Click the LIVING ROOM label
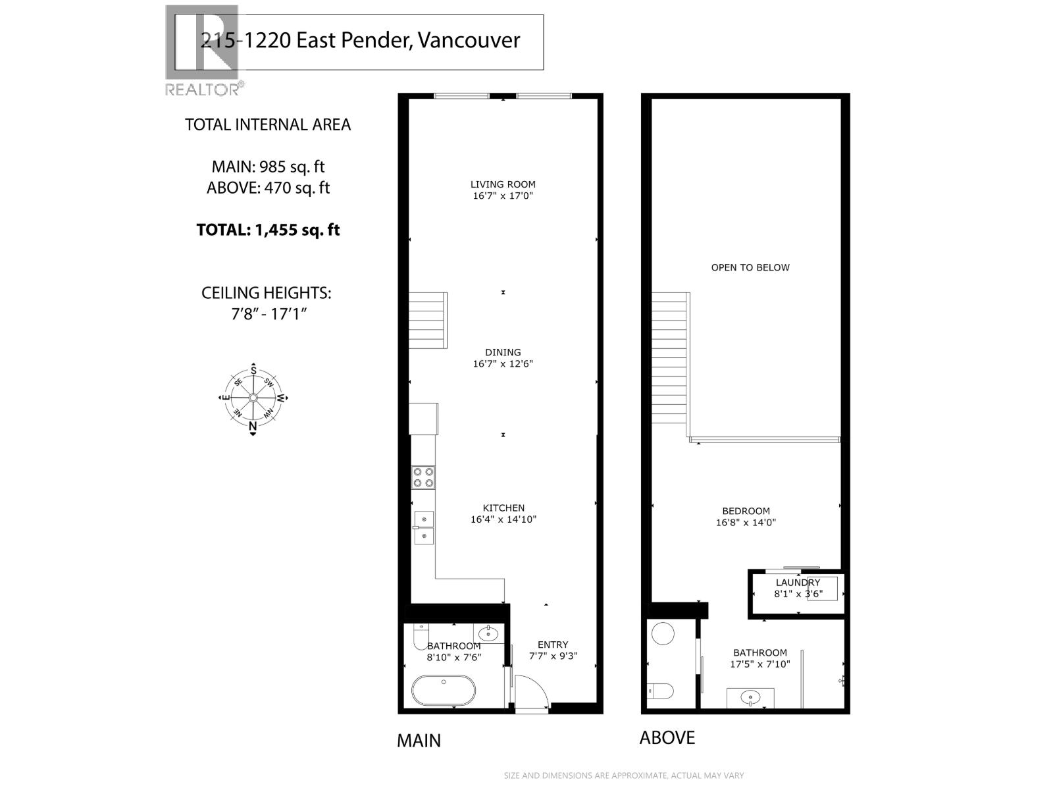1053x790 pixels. [x=503, y=184]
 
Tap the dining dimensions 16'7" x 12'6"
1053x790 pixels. [x=503, y=364]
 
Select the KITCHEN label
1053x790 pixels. [x=503, y=508]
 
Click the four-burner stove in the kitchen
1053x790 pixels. [x=423, y=477]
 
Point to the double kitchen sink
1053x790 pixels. [x=423, y=527]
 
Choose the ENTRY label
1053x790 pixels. [x=553, y=645]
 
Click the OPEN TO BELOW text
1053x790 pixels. [x=750, y=267]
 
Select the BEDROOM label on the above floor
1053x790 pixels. [x=746, y=511]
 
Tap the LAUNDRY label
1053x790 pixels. [x=798, y=583]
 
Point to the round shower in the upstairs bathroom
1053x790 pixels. [x=663, y=635]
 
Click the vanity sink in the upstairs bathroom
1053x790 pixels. [x=750, y=697]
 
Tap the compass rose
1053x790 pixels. [x=253, y=398]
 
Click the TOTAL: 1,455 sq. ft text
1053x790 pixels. [x=268, y=230]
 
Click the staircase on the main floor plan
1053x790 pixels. [x=428, y=321]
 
